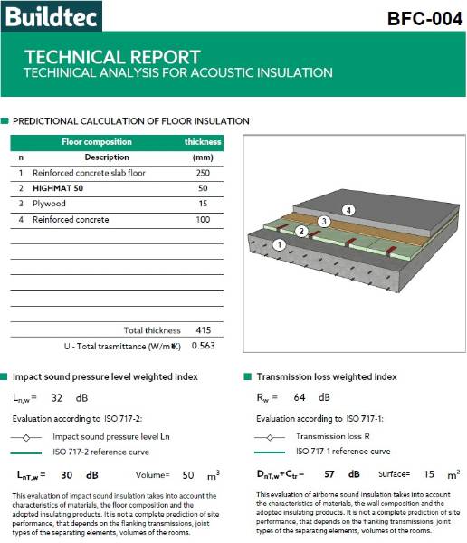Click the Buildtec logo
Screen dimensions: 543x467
pyautogui.click(x=52, y=15)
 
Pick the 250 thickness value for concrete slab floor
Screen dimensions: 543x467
pyautogui.click(x=203, y=173)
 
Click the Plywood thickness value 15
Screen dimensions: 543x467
pyautogui.click(x=203, y=205)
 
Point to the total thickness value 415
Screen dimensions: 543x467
pyautogui.click(x=203, y=330)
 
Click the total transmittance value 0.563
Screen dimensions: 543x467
pyautogui.click(x=203, y=346)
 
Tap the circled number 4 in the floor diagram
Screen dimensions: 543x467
pyautogui.click(x=348, y=211)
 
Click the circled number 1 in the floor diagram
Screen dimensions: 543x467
pyautogui.click(x=281, y=244)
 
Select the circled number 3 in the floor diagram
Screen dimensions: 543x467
pyautogui.click(x=323, y=221)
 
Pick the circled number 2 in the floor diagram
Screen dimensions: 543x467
pyautogui.click(x=301, y=232)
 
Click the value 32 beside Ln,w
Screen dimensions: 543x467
pyautogui.click(x=57, y=397)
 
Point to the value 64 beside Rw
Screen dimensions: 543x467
pyautogui.click(x=299, y=397)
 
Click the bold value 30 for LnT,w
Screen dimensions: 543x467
pyautogui.click(x=66, y=473)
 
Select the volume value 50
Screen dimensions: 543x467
pyautogui.click(x=188, y=473)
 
